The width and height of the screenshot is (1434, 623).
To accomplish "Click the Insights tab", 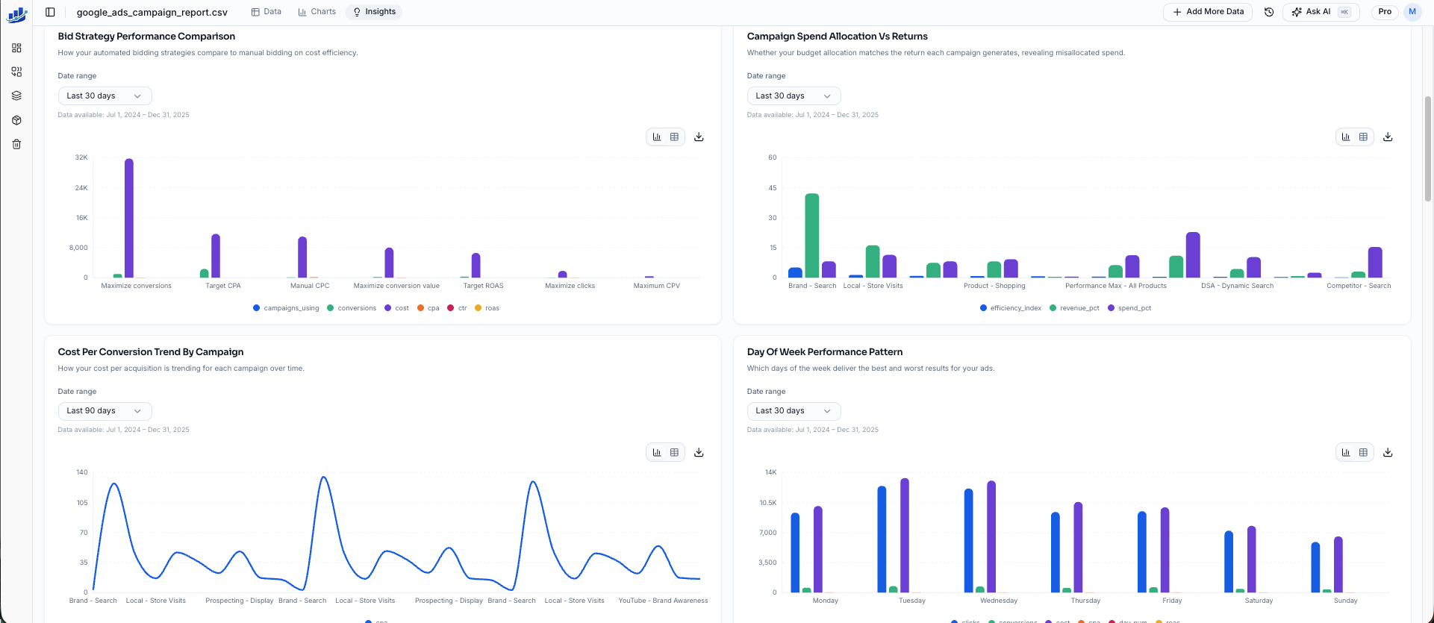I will point(374,12).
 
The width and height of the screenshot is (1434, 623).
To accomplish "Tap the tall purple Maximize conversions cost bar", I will point(129,218).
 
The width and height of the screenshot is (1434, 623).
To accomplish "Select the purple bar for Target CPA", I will point(216,256).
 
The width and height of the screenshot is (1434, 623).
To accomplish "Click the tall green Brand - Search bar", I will point(811,235).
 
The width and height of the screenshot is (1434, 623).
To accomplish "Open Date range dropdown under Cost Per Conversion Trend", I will point(105,411).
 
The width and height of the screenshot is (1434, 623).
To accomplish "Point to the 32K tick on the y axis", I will point(81,157).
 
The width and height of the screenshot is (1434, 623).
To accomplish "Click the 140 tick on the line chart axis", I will point(82,472).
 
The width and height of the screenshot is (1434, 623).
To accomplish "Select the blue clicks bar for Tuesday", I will point(882,539).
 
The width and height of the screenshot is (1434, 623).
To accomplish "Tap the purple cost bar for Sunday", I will point(1338,564).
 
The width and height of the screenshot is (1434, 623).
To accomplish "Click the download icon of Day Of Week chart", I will point(1388,452).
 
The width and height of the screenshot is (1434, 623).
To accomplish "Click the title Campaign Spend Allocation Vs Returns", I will point(837,37).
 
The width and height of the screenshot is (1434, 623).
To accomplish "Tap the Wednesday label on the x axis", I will point(998,601).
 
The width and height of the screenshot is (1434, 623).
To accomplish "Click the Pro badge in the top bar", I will point(1385,12).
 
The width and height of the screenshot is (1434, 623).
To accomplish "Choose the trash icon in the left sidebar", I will point(16,144).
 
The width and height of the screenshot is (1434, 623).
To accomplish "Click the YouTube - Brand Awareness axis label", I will point(663,601).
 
